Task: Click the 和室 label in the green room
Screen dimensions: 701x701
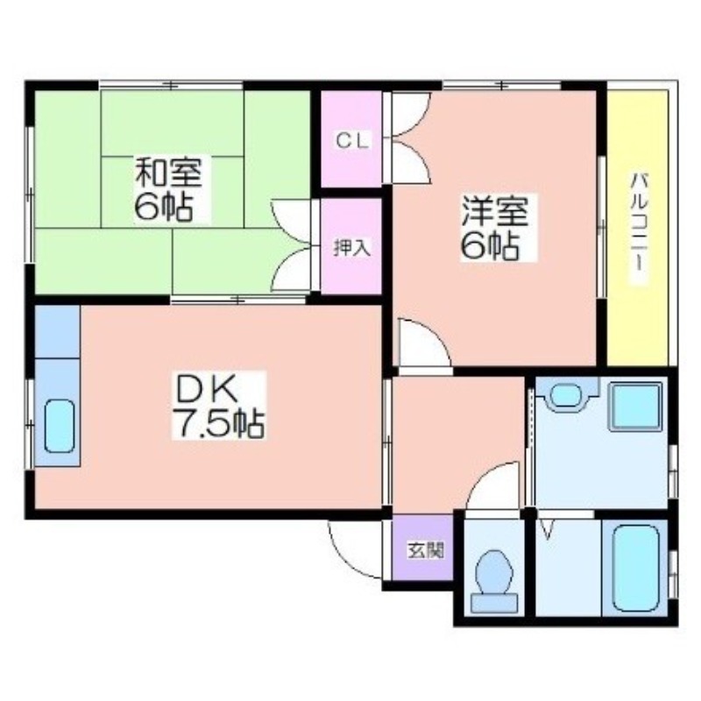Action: coord(169,172)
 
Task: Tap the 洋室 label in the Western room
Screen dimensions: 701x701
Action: coord(495,211)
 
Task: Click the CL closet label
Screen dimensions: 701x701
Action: coord(352,141)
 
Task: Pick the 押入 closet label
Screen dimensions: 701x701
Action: coord(353,248)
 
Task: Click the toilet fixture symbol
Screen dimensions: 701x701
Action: coord(494,581)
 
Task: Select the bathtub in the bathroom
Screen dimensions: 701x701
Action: coord(634,568)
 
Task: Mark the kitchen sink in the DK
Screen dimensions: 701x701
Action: coord(59,426)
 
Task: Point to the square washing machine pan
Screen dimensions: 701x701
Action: coord(635,407)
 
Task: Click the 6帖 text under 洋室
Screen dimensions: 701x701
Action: coord(491,245)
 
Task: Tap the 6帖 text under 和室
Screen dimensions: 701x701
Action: coord(164,207)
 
